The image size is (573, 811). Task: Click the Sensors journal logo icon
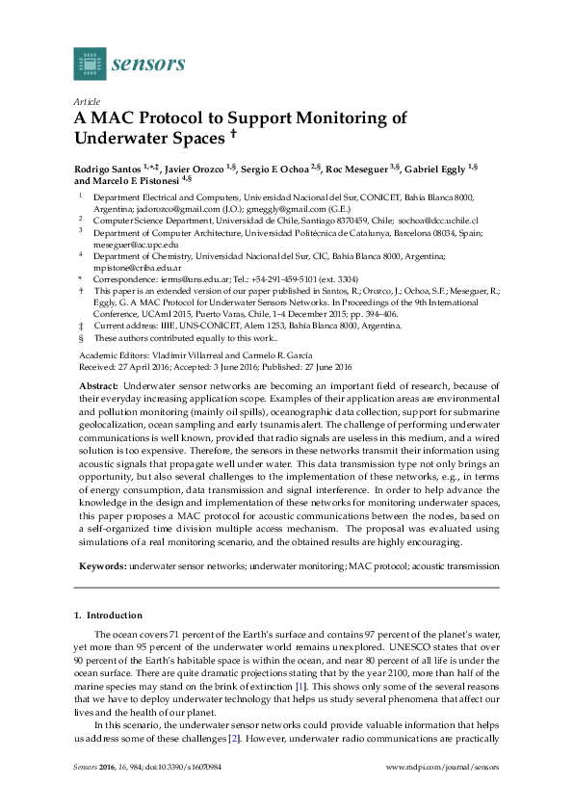(90, 64)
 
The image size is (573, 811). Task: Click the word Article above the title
(86, 101)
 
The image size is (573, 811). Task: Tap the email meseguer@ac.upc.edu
(133, 245)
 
